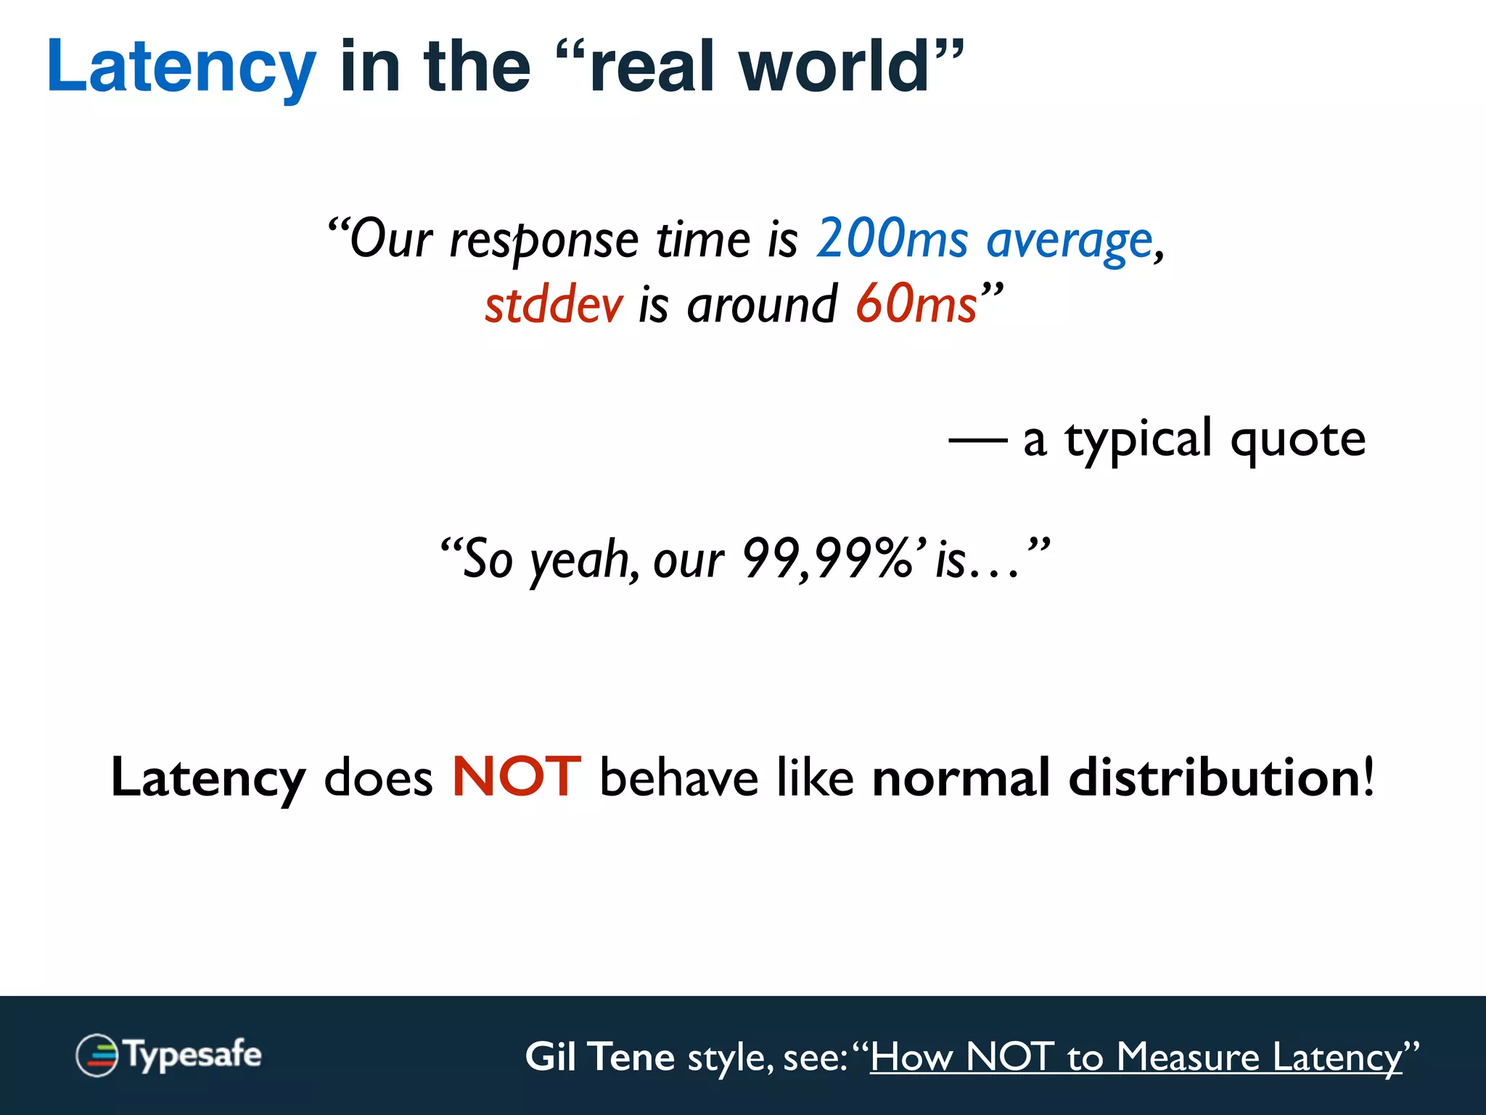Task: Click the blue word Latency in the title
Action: pyautogui.click(x=181, y=67)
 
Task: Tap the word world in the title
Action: pyautogui.click(x=834, y=67)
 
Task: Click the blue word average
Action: pyautogui.click(x=1070, y=240)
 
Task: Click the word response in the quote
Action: pyautogui.click(x=544, y=240)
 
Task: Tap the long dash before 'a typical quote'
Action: pyautogui.click(x=977, y=439)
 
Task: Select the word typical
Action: pyautogui.click(x=1138, y=439)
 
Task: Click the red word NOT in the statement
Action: pyautogui.click(x=516, y=777)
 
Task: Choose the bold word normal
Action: pyautogui.click(x=961, y=777)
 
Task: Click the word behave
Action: pyautogui.click(x=679, y=777)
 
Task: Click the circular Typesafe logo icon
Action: pyautogui.click(x=97, y=1055)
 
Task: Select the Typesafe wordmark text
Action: pyautogui.click(x=193, y=1055)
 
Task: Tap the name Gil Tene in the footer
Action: pyautogui.click(x=599, y=1056)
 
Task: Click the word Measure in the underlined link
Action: pyautogui.click(x=1188, y=1056)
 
